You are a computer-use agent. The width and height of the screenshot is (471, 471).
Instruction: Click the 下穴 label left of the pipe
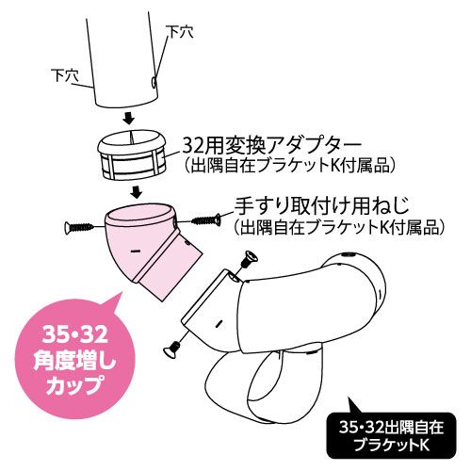click(65, 75)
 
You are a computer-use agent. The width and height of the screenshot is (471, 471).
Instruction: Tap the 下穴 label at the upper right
click(180, 31)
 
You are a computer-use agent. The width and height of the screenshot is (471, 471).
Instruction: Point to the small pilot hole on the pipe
click(154, 82)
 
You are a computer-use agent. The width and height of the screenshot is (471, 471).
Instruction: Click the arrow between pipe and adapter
click(128, 119)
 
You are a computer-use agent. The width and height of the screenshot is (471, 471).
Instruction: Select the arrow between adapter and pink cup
click(136, 192)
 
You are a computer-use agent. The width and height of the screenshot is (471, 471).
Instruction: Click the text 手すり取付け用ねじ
click(322, 205)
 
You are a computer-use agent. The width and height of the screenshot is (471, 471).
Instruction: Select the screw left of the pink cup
click(79, 227)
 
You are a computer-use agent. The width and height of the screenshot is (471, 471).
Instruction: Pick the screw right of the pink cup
click(206, 219)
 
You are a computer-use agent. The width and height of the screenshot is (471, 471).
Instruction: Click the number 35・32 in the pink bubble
click(75, 334)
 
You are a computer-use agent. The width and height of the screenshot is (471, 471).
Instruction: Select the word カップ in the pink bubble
click(74, 385)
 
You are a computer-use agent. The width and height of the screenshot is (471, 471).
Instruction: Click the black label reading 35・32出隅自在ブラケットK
click(391, 435)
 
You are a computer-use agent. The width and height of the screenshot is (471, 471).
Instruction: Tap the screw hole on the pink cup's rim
click(174, 222)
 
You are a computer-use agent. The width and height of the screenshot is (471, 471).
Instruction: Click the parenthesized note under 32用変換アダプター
click(288, 166)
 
